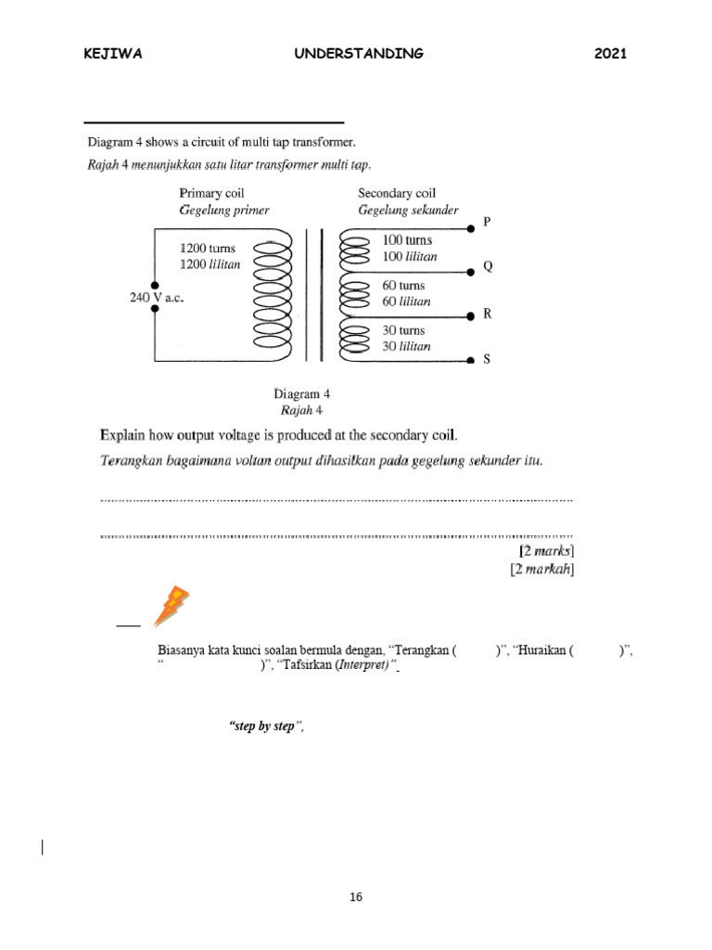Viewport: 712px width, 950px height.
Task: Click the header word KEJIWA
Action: coord(113,54)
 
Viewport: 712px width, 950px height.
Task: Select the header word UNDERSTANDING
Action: coord(359,54)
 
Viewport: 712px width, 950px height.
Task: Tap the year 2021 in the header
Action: coord(611,54)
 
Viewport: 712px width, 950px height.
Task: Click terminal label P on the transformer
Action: coord(489,223)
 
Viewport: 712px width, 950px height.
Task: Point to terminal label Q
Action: coord(489,267)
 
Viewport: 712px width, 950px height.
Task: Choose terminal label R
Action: coord(488,314)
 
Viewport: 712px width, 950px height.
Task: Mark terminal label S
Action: coord(488,360)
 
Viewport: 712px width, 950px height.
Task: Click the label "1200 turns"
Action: coord(209,249)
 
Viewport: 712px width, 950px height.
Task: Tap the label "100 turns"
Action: coord(407,240)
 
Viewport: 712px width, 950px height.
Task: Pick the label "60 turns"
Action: coord(403,287)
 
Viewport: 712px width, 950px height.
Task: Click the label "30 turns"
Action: coord(403,329)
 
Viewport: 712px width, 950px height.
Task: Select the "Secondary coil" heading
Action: coord(397,193)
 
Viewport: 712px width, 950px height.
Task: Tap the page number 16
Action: coord(357,897)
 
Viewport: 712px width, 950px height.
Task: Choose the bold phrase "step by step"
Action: coord(266,726)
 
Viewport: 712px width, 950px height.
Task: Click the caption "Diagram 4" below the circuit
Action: coord(301,393)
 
